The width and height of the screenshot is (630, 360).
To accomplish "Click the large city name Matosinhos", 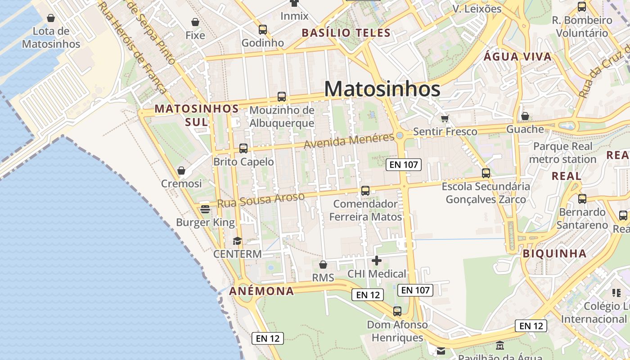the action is [382, 89].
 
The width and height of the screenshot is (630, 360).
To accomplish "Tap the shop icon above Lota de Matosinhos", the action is [51, 18].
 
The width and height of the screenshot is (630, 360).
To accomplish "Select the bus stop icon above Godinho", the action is [263, 30].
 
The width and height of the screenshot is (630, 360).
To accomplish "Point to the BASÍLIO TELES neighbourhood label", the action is [346, 33].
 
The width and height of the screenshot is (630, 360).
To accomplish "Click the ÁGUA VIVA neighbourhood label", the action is [517, 57].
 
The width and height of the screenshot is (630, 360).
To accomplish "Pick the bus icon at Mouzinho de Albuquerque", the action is [282, 96].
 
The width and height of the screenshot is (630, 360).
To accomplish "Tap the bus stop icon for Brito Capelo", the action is [243, 148].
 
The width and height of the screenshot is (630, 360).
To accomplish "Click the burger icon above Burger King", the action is [205, 209].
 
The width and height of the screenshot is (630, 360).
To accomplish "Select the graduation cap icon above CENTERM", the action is [237, 241].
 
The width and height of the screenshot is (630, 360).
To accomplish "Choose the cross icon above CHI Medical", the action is [377, 260].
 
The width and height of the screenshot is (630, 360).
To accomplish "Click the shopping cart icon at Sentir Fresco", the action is [445, 118].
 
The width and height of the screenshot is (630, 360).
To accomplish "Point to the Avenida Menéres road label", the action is [349, 141].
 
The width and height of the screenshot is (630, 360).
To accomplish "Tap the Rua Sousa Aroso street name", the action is [261, 200].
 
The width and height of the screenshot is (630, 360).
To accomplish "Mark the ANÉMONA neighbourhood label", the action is [261, 291].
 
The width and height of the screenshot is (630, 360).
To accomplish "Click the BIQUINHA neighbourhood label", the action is [554, 253].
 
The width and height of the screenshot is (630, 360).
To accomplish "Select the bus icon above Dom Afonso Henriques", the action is [397, 311].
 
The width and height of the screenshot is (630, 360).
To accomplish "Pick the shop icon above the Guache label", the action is [525, 116].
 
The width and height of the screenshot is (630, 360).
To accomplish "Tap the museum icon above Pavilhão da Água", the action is [500, 346].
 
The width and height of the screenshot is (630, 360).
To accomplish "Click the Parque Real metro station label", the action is [562, 153].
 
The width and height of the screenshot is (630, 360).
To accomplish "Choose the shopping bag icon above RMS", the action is [323, 265].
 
